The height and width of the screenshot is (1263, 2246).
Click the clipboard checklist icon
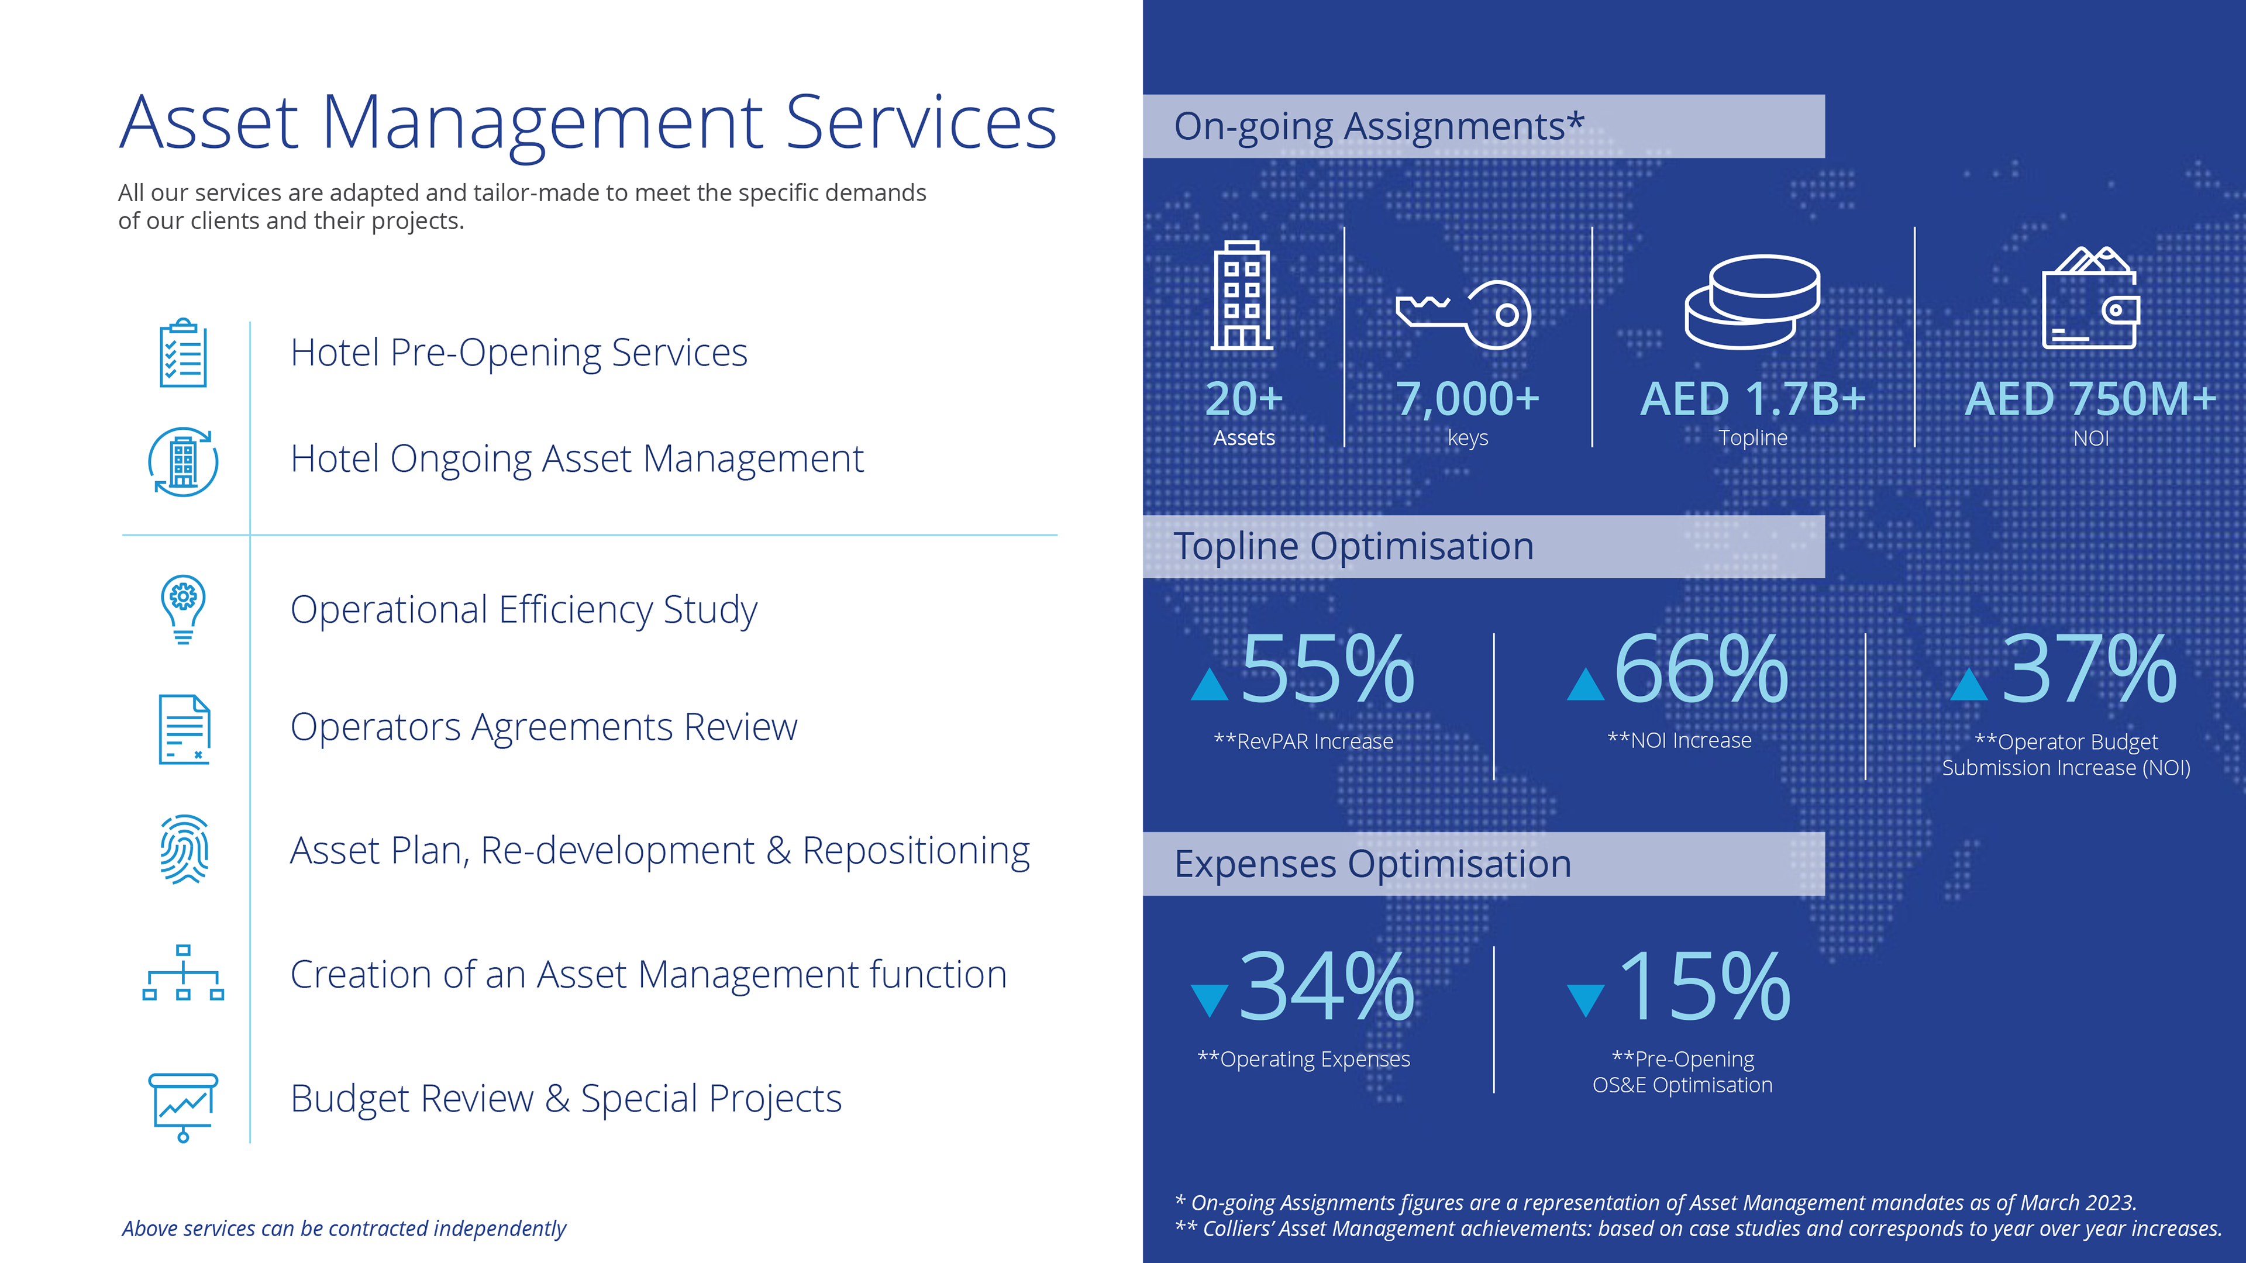tap(183, 353)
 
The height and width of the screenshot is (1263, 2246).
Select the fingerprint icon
tap(183, 850)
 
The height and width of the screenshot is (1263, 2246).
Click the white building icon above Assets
tap(1242, 295)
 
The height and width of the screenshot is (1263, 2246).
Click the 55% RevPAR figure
tap(1327, 668)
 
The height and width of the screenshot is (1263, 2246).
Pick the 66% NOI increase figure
tap(1701, 668)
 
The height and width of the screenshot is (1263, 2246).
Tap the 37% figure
tap(2089, 668)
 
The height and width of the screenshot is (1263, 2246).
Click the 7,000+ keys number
tap(1468, 399)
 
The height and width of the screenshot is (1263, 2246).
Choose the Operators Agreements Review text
tap(543, 727)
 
